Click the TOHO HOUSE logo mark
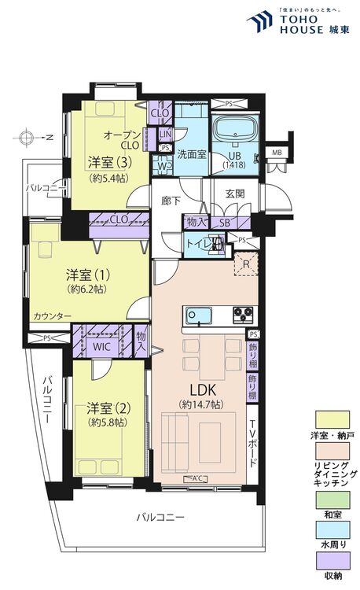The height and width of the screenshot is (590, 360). (258, 24)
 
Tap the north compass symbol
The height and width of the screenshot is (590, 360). (28, 138)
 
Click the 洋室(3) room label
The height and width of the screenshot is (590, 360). (108, 163)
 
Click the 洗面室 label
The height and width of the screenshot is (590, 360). (191, 154)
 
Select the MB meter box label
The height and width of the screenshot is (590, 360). (277, 152)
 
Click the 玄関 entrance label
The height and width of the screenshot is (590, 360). (235, 194)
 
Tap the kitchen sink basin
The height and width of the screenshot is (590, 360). (198, 315)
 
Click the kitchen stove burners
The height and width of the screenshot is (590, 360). (242, 315)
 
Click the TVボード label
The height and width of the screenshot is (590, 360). (252, 441)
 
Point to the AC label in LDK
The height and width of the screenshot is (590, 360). (192, 479)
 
